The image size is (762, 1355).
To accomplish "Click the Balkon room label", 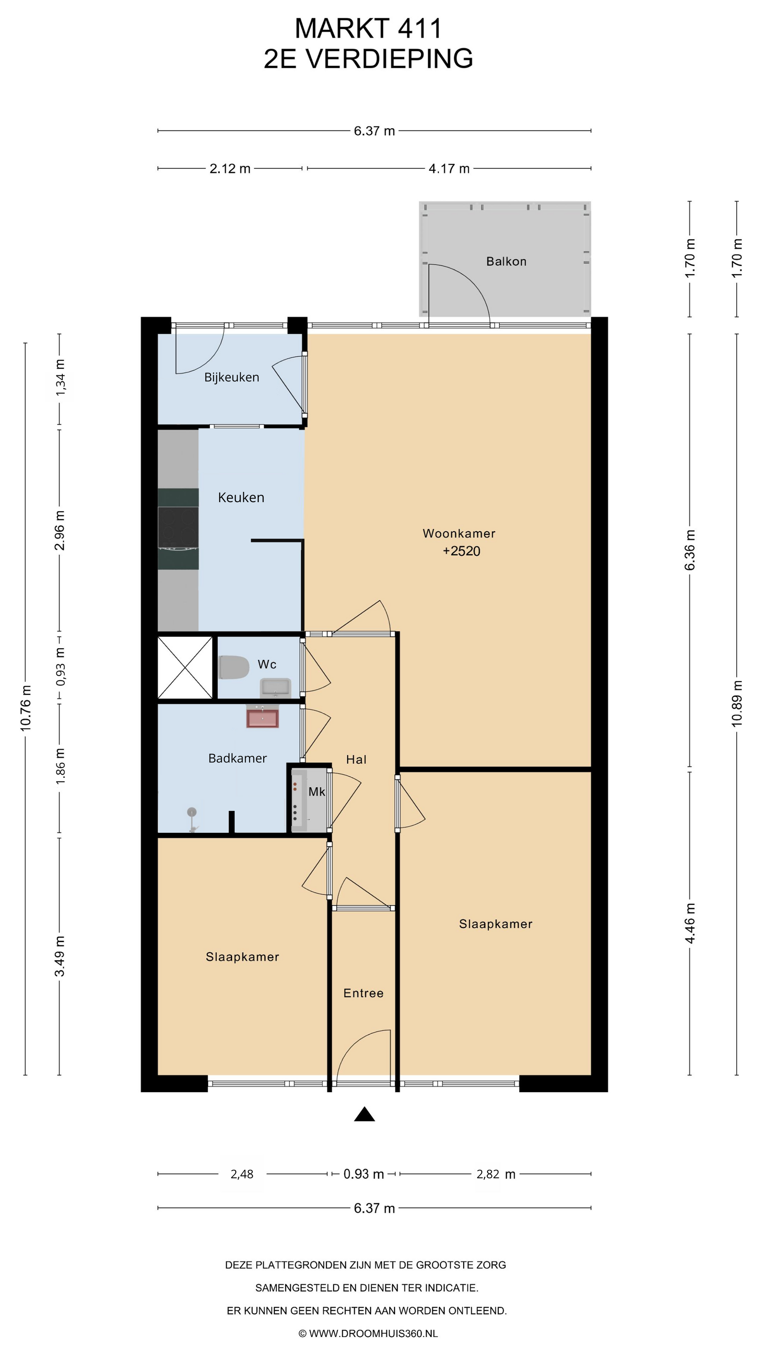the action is (x=506, y=262).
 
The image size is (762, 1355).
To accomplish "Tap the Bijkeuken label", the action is (x=232, y=377).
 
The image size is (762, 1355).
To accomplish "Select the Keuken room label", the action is (x=241, y=498).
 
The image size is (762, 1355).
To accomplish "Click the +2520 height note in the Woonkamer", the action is (x=461, y=551).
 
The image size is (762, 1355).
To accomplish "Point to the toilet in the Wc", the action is (x=234, y=667).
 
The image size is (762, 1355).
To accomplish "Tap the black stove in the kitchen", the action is (x=178, y=528).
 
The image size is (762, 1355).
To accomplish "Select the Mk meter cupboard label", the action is (x=316, y=792).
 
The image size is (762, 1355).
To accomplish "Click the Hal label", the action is (x=356, y=760).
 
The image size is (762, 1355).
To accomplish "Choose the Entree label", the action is (x=363, y=993).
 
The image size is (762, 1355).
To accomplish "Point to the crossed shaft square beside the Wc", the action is (x=185, y=668).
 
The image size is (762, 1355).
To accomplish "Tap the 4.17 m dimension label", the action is (x=449, y=169).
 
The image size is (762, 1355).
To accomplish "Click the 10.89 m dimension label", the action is (x=737, y=704).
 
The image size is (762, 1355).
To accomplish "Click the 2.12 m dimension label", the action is (x=230, y=169).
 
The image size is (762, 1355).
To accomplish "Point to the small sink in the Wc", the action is (x=275, y=687).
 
